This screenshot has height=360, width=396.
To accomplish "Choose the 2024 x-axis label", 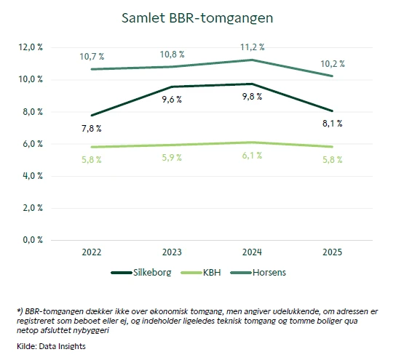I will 251,252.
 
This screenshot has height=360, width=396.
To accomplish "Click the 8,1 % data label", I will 331,124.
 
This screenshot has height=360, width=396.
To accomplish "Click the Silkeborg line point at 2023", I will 172,87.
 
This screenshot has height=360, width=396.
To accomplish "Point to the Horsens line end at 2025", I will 331,76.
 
